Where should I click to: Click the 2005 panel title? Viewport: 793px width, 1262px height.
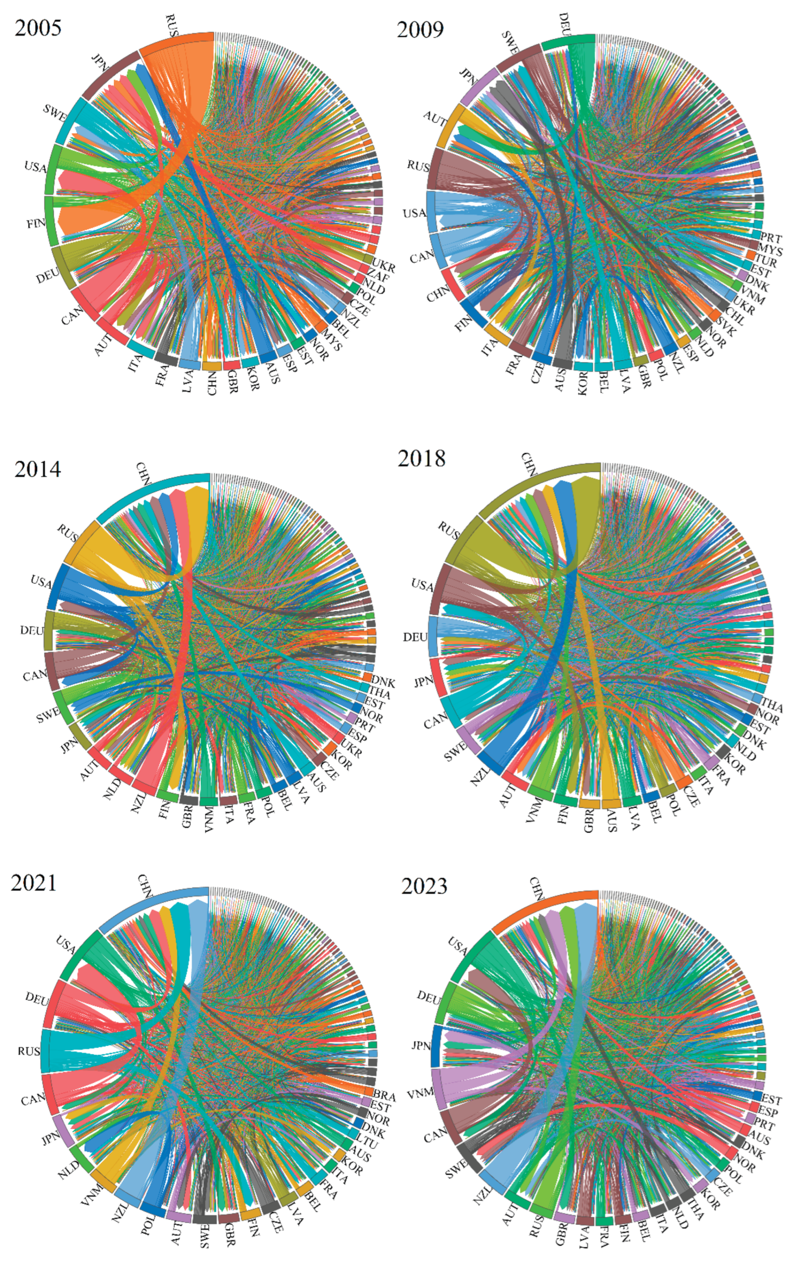click(x=38, y=28)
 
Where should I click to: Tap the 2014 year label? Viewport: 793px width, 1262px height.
click(x=38, y=469)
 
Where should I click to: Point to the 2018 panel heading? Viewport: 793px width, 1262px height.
click(x=421, y=458)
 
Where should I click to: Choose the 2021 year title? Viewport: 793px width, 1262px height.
click(x=34, y=883)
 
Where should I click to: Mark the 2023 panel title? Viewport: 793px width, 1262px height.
click(x=424, y=886)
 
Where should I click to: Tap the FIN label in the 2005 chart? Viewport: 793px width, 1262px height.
click(x=36, y=224)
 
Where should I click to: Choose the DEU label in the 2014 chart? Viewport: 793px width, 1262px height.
click(x=32, y=630)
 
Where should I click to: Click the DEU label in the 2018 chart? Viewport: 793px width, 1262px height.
click(x=415, y=637)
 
